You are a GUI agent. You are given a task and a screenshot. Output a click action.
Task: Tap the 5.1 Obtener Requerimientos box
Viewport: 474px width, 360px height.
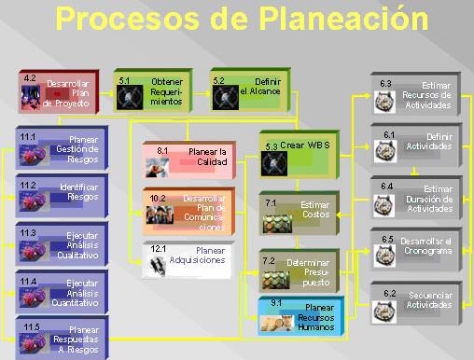(x=155, y=90)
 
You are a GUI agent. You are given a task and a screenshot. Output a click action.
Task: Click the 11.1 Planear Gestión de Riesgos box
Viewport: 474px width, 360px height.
(x=58, y=147)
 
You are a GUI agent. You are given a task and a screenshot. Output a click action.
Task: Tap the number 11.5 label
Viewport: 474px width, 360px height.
(x=31, y=327)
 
